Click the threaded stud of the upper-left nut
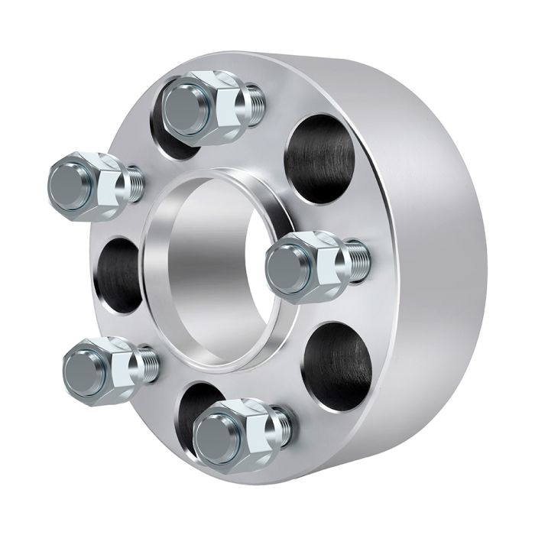pyautogui.click(x=135, y=183)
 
